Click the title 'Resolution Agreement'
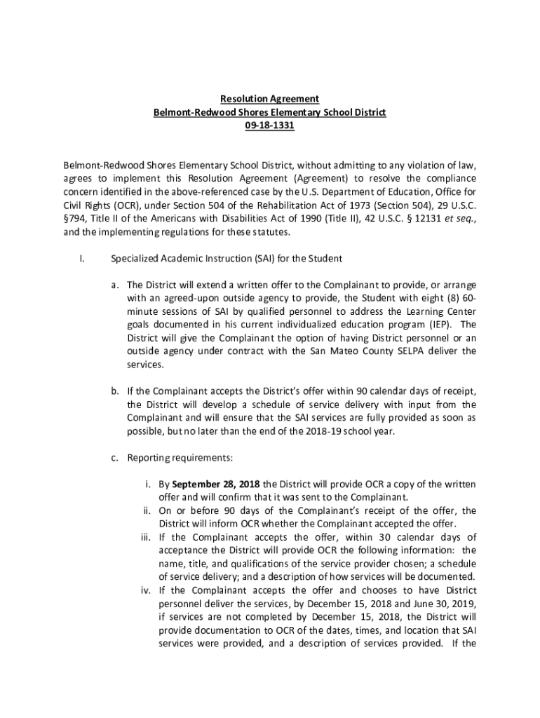click(270, 100)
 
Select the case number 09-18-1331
click(270, 126)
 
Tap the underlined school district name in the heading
click(270, 113)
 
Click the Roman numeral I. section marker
click(82, 259)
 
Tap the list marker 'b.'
click(113, 391)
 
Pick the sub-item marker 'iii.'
click(146, 538)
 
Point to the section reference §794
click(74, 219)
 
